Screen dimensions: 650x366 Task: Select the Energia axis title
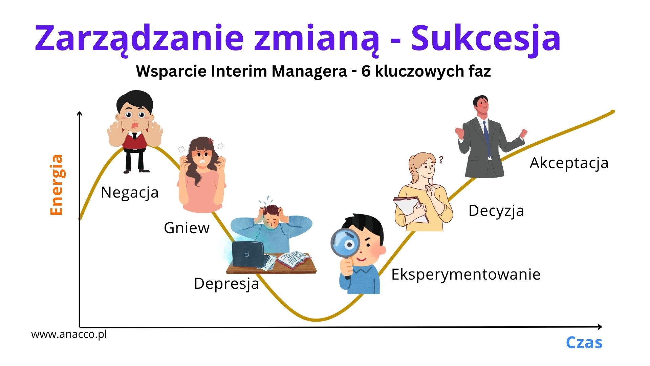click(57, 185)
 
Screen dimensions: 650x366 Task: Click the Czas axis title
click(584, 343)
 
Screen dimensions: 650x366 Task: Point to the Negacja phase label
click(130, 193)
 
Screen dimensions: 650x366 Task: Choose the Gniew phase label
click(187, 228)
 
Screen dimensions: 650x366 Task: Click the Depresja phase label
click(226, 284)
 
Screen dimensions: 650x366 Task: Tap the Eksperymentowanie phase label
click(466, 275)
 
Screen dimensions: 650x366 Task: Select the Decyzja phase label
click(496, 211)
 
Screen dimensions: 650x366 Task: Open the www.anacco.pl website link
click(69, 334)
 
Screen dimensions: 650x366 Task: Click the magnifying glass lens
click(347, 244)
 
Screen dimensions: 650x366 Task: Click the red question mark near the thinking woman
click(441, 160)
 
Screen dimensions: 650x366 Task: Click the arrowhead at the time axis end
click(600, 327)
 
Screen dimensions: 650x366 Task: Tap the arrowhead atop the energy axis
click(80, 114)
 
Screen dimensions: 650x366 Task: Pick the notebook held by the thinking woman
click(411, 210)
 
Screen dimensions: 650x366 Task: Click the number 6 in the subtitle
click(366, 71)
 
